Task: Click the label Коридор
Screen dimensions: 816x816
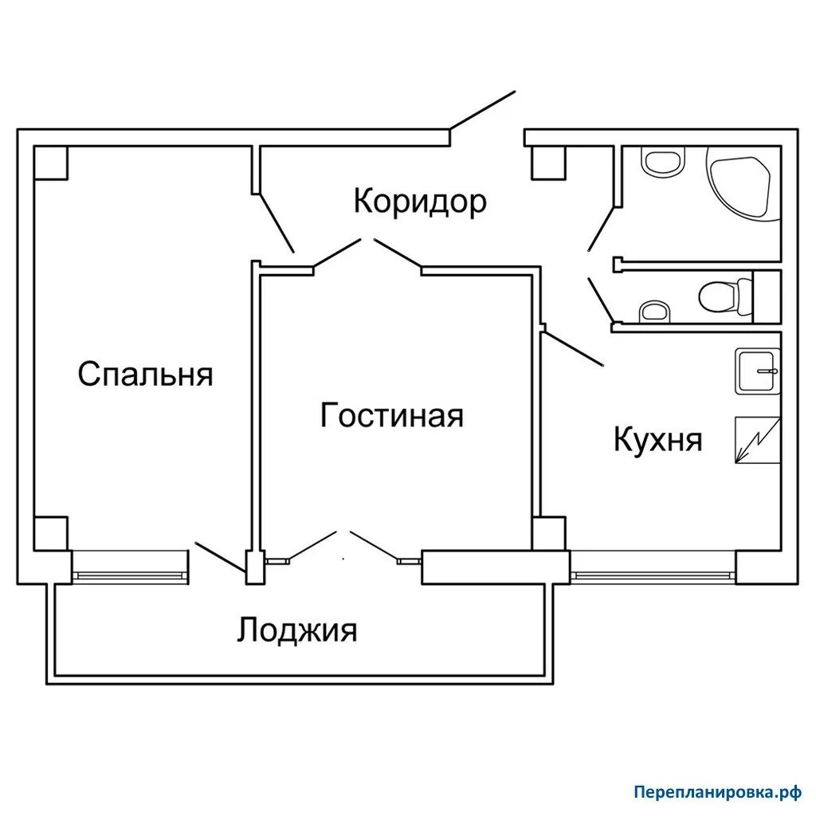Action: [x=420, y=201]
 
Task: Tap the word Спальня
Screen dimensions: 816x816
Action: [x=146, y=373]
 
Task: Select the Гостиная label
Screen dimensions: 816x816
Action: [x=391, y=415]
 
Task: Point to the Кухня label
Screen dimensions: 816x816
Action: [x=657, y=439]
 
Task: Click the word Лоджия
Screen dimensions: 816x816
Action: [x=296, y=630]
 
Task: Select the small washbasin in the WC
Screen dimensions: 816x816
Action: [x=654, y=311]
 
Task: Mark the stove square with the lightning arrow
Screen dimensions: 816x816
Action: [x=757, y=440]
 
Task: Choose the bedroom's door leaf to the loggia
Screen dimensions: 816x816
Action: [x=220, y=557]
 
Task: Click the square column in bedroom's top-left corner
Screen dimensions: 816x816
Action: [x=51, y=163]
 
